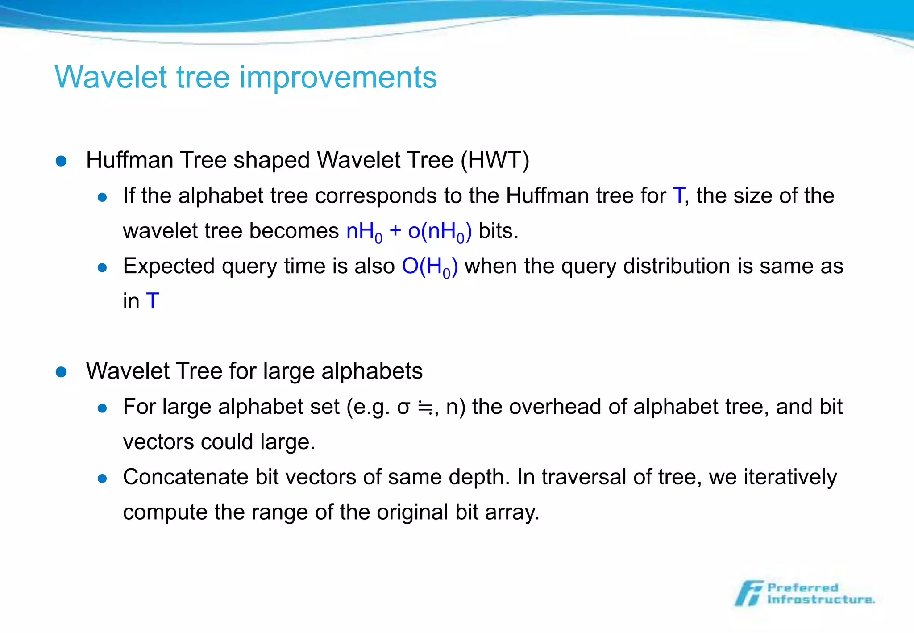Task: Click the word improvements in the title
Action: (338, 78)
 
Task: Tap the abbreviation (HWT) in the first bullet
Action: (494, 160)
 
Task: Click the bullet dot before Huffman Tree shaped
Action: (61, 161)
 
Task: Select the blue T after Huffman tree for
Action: (678, 196)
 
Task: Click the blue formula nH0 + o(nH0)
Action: (408, 231)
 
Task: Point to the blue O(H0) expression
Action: (429, 267)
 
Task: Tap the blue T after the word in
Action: (152, 301)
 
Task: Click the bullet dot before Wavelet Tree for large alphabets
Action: (61, 372)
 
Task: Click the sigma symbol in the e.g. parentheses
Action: (403, 407)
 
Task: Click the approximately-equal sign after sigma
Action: (424, 407)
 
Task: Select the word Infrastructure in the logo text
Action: (820, 600)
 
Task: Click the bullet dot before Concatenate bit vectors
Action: (102, 479)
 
